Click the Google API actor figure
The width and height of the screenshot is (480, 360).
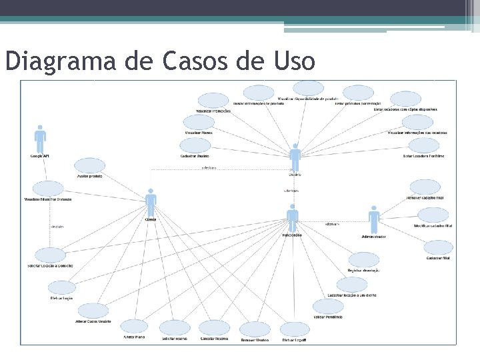tap(41, 141)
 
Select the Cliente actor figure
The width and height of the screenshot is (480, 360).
tap(151, 202)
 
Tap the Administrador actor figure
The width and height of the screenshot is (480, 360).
tap(374, 219)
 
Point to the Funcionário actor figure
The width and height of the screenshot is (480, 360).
tap(292, 217)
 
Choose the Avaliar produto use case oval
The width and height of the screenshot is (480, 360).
tap(90, 166)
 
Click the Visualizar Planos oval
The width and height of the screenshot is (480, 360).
tap(199, 122)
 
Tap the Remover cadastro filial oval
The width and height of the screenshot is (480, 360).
tap(425, 187)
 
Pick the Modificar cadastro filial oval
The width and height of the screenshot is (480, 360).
tap(433, 215)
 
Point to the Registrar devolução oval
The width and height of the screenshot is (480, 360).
tap(363, 260)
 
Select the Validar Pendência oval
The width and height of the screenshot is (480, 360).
tap(329, 307)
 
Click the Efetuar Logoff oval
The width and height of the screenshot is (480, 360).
tap(295, 329)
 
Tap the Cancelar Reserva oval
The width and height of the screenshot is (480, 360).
tap(215, 327)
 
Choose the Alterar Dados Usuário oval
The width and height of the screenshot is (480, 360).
tap(93, 311)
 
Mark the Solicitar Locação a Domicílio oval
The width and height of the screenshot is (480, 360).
tap(51, 255)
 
